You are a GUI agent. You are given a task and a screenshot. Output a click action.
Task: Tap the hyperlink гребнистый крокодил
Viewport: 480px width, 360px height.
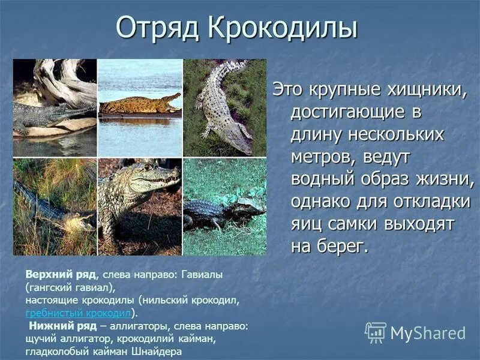click(x=78, y=313)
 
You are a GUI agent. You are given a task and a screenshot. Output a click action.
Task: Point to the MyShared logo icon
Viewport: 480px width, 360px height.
click(x=376, y=332)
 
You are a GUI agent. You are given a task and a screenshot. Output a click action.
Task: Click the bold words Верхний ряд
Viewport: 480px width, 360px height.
click(x=61, y=274)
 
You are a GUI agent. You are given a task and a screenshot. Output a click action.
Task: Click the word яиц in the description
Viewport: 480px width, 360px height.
click(x=307, y=223)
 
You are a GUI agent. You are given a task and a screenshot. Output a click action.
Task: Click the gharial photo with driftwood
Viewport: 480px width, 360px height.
click(x=55, y=108)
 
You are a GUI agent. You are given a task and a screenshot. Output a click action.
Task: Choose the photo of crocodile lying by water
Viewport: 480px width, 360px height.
click(x=140, y=108)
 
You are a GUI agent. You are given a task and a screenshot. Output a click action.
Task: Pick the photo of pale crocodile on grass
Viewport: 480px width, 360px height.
click(x=224, y=108)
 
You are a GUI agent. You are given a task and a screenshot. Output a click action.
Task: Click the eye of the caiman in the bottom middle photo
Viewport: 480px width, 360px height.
click(x=148, y=167)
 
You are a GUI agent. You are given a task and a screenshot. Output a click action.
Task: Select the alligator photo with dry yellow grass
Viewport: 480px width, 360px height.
click(x=55, y=207)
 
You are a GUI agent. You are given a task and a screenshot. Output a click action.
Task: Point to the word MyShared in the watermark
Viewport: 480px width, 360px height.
click(x=428, y=333)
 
